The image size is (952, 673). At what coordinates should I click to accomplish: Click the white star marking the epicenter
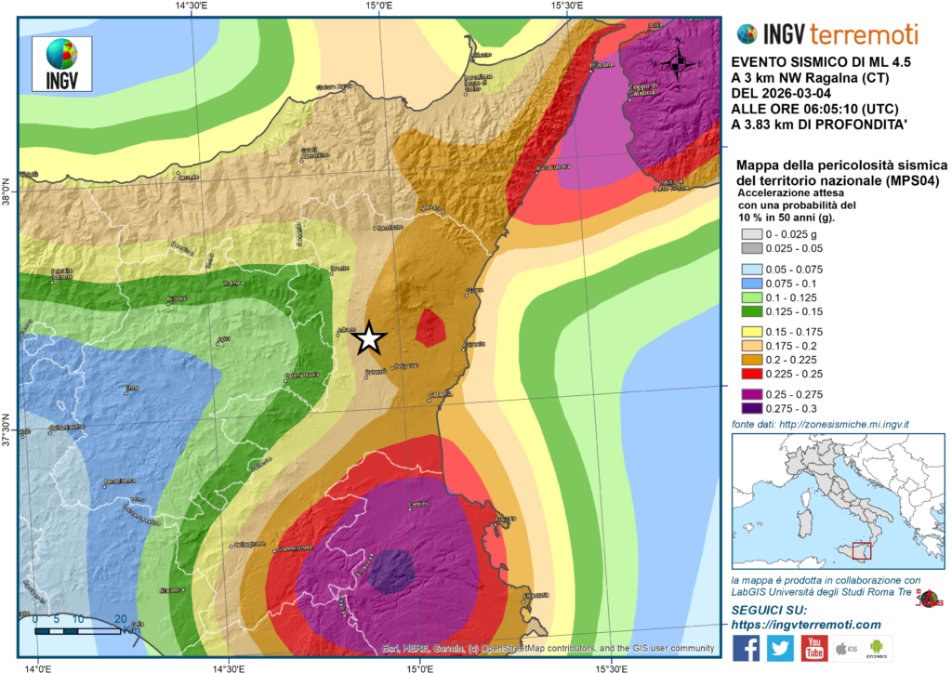point(369,339)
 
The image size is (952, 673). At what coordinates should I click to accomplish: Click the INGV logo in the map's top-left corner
point(61,62)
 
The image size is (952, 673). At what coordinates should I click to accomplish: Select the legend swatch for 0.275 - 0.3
point(750,407)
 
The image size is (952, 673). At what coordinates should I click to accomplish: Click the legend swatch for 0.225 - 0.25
point(750,374)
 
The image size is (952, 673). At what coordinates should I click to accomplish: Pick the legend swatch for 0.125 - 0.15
point(750,311)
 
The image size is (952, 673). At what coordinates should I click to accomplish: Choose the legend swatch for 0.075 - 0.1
point(750,284)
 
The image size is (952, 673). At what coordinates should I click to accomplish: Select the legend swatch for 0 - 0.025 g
point(750,234)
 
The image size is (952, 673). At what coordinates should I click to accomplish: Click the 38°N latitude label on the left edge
point(8,191)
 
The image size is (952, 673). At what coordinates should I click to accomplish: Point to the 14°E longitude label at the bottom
point(37,666)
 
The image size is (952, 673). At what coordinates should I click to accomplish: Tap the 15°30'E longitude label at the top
point(567,7)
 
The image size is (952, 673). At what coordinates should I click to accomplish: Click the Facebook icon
point(746,648)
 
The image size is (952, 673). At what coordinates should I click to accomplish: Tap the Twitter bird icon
point(780,648)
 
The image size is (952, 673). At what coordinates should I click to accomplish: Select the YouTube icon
point(814,648)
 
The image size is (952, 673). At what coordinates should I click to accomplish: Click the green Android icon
point(878,648)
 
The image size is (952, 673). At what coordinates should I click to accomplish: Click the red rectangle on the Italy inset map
point(861,552)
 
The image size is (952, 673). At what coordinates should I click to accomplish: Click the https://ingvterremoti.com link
point(805,624)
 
